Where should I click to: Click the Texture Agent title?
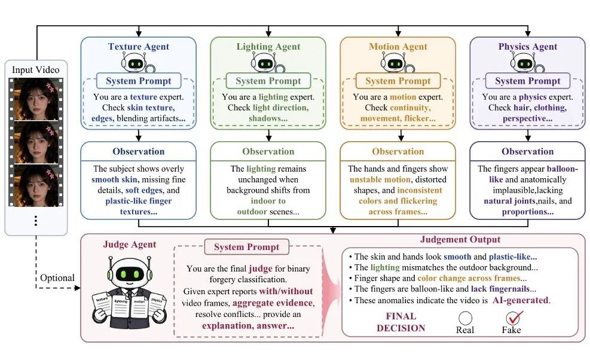139,46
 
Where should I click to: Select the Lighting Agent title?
268,46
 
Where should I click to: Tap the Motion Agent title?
398,46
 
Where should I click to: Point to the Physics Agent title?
528,46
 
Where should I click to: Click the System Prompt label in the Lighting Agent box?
268,81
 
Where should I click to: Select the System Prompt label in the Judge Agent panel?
246,247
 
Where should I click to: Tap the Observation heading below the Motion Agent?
398,151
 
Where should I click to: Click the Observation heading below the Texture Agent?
139,151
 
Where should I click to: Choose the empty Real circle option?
466,318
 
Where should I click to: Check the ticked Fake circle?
512,318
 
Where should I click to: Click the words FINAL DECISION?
401,322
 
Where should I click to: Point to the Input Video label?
36,69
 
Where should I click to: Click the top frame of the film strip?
36,99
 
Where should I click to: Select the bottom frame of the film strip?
36,185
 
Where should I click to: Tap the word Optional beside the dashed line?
57,278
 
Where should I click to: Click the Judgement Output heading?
460,239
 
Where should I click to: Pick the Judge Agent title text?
130,245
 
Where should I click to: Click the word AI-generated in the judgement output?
521,300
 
